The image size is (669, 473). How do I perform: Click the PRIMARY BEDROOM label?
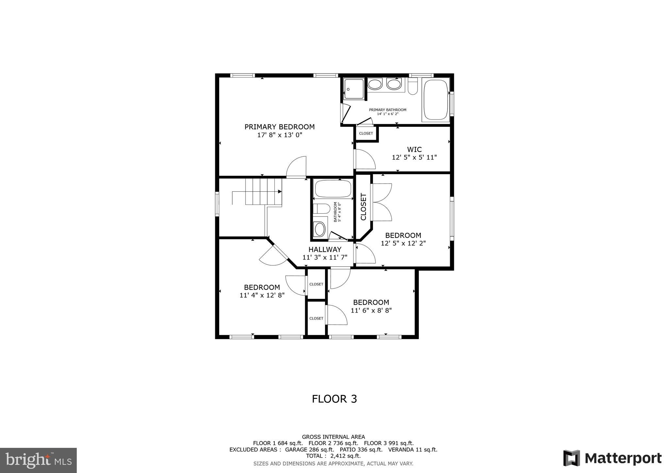point(280,127)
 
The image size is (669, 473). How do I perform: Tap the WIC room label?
point(414,150)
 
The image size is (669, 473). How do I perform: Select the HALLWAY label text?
point(325,250)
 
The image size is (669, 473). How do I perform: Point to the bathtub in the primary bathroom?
point(435,100)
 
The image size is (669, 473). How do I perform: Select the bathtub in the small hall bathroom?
point(333,188)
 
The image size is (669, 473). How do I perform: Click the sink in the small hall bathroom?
point(319,229)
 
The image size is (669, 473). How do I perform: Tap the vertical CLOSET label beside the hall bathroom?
point(364,207)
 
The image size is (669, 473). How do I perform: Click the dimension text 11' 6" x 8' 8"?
point(371,310)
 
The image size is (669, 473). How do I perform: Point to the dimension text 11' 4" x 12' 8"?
point(262,295)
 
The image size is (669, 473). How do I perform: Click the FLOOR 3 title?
point(334,399)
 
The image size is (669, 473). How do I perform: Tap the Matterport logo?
point(612,458)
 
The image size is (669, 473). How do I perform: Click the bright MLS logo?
point(38,460)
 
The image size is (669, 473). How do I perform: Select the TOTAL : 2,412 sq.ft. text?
point(333,456)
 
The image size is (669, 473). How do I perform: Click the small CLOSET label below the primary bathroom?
point(366,133)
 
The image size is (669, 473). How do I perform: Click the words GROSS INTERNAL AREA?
point(333,437)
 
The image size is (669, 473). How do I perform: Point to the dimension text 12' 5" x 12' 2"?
point(403,243)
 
